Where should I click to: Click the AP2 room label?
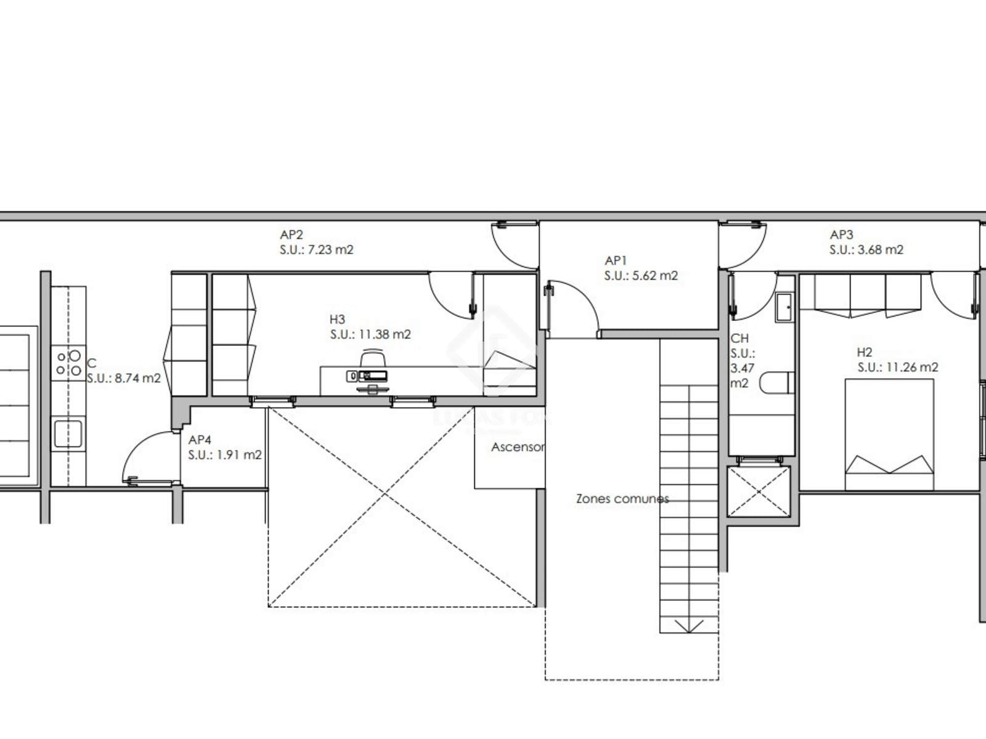[x=291, y=234]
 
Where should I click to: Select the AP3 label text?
[x=841, y=234]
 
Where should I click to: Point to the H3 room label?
[x=337, y=320]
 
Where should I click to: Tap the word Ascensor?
[x=518, y=447]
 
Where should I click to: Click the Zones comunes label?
[x=622, y=498]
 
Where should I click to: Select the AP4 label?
[x=200, y=440]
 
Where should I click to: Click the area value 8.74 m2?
[x=138, y=378]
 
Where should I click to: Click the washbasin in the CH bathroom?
[x=784, y=307]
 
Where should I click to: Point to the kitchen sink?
[x=68, y=434]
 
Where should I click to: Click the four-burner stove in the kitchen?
[x=68, y=363]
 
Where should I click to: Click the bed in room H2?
[x=889, y=434]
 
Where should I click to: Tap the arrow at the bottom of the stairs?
[x=688, y=625]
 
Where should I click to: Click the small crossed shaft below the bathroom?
[x=759, y=491]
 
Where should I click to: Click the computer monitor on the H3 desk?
[x=372, y=376]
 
